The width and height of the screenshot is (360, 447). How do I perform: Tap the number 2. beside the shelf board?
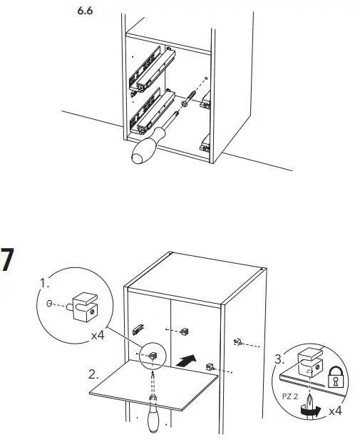click(93, 372)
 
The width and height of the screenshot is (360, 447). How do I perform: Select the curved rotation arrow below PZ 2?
click(308, 410)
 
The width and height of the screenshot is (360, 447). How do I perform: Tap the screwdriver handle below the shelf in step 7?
click(153, 420)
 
